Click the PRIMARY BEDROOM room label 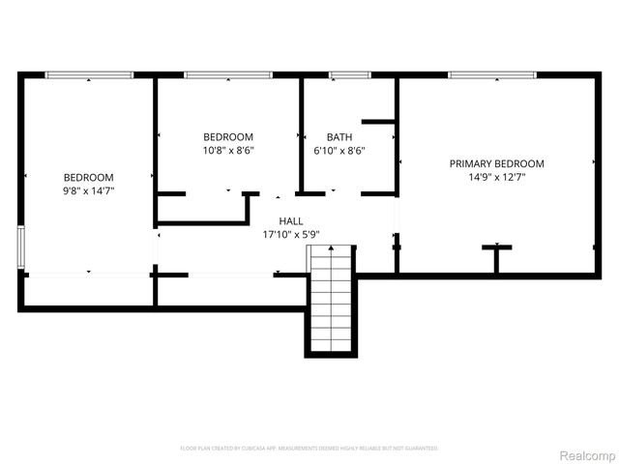496,163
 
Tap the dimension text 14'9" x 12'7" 496,177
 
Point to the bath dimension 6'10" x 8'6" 339,150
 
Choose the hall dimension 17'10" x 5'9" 291,234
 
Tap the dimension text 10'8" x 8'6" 228,150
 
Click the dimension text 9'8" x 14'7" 89,190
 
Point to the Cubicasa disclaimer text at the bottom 309,449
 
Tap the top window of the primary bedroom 491,74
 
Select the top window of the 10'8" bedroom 226,74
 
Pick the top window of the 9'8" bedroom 89,74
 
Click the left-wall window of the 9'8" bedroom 21,246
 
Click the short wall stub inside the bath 378,122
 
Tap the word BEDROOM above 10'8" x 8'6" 228,136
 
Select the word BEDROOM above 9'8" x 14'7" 89,177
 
